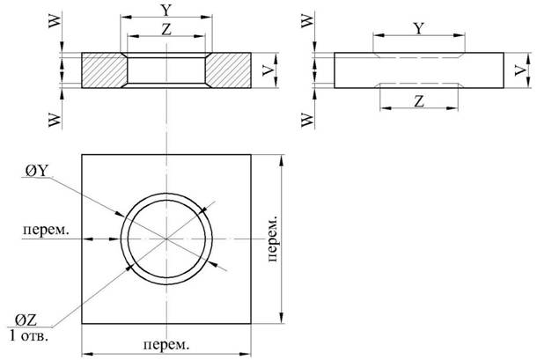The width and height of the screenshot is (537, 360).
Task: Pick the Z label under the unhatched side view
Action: tap(419, 102)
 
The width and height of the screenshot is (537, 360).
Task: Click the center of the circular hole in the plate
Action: tap(167, 239)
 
